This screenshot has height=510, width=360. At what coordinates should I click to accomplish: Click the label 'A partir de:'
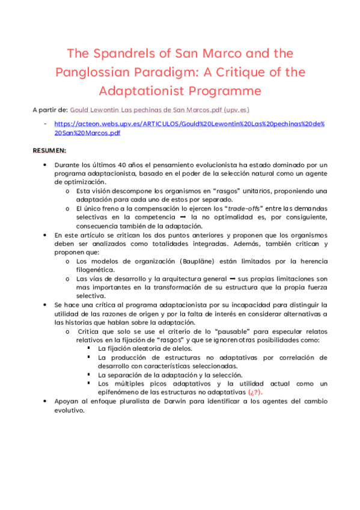coord(50,110)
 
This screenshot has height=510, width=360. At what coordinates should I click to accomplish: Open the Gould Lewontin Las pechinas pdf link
coord(160,110)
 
